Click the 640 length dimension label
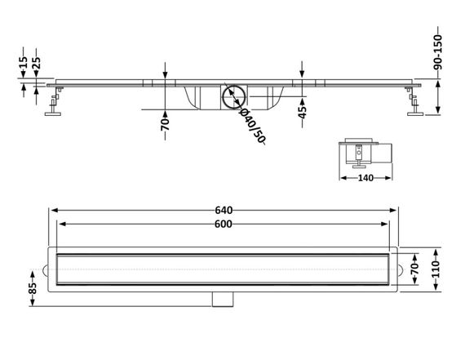224,210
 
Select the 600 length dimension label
224,224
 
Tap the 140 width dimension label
365,178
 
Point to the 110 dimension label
436,269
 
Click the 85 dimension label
33,288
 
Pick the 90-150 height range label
438,52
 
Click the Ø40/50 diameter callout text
252,126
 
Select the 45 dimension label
302,112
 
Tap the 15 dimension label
23,62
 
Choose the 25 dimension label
36,63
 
